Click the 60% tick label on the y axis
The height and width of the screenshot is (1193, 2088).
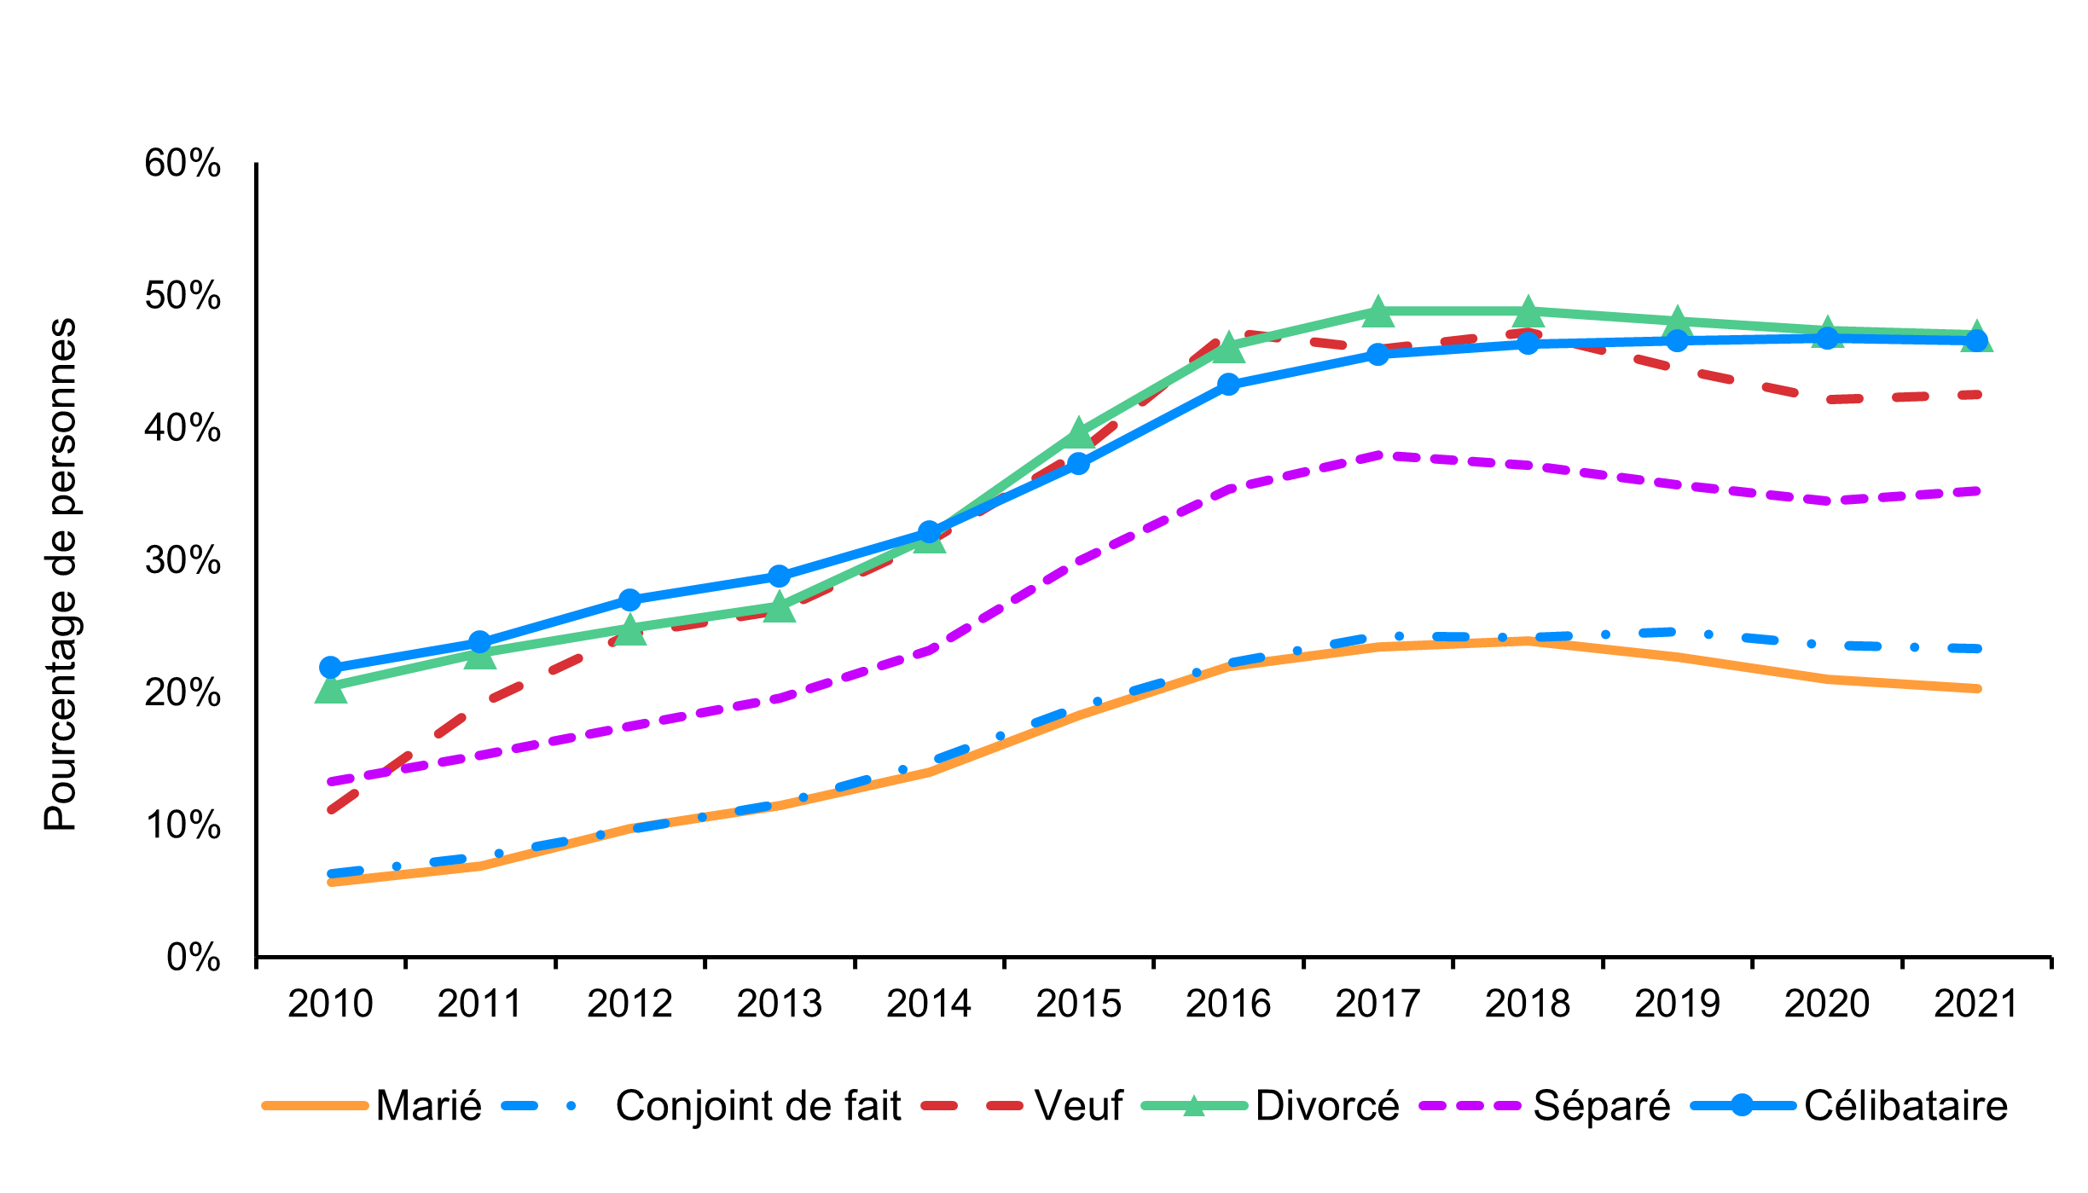[x=183, y=163]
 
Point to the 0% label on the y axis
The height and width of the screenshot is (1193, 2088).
[x=194, y=958]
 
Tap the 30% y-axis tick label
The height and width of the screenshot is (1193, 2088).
[x=183, y=561]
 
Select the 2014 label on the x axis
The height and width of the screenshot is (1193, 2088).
[x=928, y=1004]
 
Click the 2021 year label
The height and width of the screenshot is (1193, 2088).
[x=1975, y=1004]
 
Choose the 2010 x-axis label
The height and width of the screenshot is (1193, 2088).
[x=330, y=1004]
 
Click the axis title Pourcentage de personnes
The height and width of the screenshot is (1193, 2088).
[x=61, y=574]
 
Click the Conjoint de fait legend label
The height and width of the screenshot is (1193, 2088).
[x=757, y=1106]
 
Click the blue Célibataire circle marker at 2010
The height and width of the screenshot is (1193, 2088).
[x=330, y=667]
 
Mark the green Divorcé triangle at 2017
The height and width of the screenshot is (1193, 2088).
[x=1377, y=313]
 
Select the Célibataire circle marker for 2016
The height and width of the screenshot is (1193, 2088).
[x=1228, y=385]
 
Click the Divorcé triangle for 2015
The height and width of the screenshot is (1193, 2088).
[x=1078, y=432]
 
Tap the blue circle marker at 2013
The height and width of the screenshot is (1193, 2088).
[x=779, y=576]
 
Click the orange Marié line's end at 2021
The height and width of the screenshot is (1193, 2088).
[x=1975, y=688]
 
